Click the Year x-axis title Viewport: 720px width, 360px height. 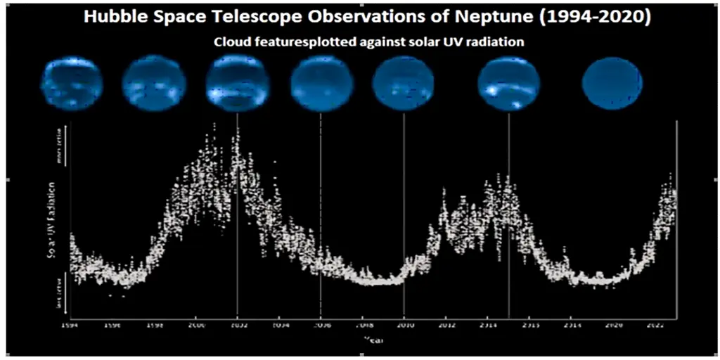[373, 340]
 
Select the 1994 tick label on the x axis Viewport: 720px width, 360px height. [69, 326]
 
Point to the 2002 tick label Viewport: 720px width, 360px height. [238, 326]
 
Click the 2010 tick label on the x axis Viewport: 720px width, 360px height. [404, 326]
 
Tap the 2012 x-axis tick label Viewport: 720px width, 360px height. [446, 326]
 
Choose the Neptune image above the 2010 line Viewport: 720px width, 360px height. [403, 84]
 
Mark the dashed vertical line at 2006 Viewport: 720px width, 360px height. [321, 211]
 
